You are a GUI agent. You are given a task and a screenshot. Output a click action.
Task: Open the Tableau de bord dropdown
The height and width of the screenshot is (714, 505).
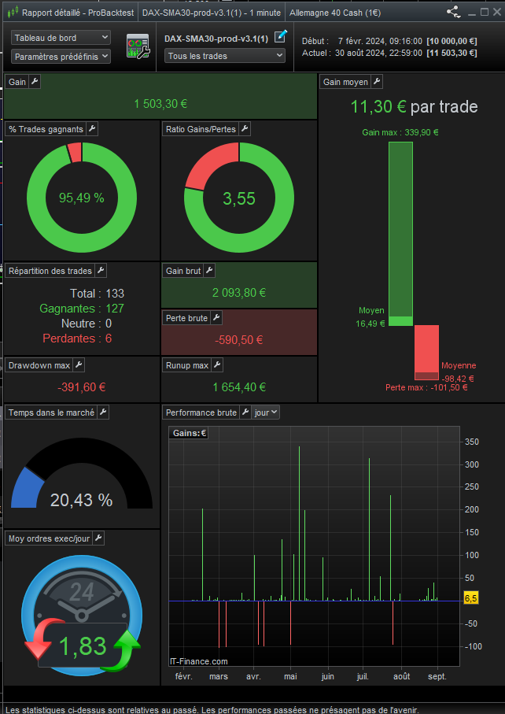pyautogui.click(x=61, y=38)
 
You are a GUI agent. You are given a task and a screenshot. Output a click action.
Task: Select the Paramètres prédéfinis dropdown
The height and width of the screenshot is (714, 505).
pyautogui.click(x=61, y=57)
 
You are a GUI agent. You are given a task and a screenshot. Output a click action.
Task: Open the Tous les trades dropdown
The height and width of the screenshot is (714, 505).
pyautogui.click(x=225, y=56)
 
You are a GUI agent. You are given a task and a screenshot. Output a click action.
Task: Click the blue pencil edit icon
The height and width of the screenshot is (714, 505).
pyautogui.click(x=281, y=36)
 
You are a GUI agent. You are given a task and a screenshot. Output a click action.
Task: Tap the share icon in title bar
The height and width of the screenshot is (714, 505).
pyautogui.click(x=454, y=13)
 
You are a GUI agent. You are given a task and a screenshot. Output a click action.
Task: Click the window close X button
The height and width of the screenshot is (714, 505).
pyautogui.click(x=497, y=13)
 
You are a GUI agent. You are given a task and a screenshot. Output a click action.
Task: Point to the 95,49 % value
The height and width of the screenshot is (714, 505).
pyautogui.click(x=82, y=198)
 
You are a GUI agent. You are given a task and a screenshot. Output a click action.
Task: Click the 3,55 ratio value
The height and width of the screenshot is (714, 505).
pyautogui.click(x=239, y=198)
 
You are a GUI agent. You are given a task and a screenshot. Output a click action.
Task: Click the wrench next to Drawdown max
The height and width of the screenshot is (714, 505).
pyautogui.click(x=78, y=364)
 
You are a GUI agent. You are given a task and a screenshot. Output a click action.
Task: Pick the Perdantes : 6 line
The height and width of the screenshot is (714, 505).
pyautogui.click(x=77, y=339)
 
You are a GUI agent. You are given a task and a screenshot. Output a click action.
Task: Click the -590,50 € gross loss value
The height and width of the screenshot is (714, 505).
pyautogui.click(x=239, y=340)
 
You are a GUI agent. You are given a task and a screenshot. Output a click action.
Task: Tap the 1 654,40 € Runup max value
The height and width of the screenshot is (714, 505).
pyautogui.click(x=239, y=387)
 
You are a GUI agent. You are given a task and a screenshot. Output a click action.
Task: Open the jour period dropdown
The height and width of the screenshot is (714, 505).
pyautogui.click(x=266, y=412)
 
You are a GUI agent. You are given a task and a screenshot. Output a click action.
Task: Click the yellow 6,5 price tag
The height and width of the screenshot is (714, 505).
pyautogui.click(x=471, y=598)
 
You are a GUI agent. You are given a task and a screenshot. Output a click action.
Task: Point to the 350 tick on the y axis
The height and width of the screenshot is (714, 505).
pyautogui.click(x=472, y=442)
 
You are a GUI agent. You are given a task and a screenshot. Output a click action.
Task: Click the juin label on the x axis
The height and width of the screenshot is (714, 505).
pyautogui.click(x=327, y=677)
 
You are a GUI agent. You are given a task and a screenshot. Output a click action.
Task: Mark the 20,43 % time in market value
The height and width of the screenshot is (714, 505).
pyautogui.click(x=82, y=500)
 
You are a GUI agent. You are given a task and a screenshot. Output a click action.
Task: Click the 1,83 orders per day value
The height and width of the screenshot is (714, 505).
pyautogui.click(x=83, y=646)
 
